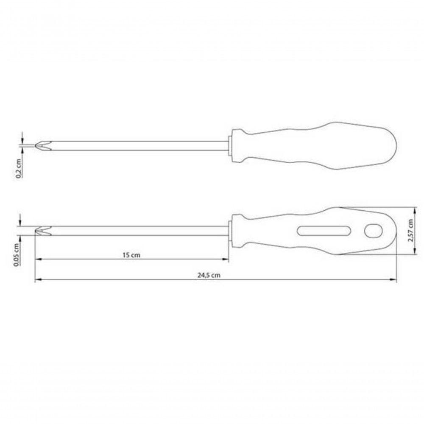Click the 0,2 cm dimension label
18,168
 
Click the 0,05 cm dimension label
17,254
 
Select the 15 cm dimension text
131,255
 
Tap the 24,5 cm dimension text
209,275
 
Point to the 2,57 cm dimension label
411,230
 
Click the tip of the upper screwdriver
36,145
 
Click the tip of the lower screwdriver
36,231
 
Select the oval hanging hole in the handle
374,231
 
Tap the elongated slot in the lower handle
324,231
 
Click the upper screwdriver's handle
314,146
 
